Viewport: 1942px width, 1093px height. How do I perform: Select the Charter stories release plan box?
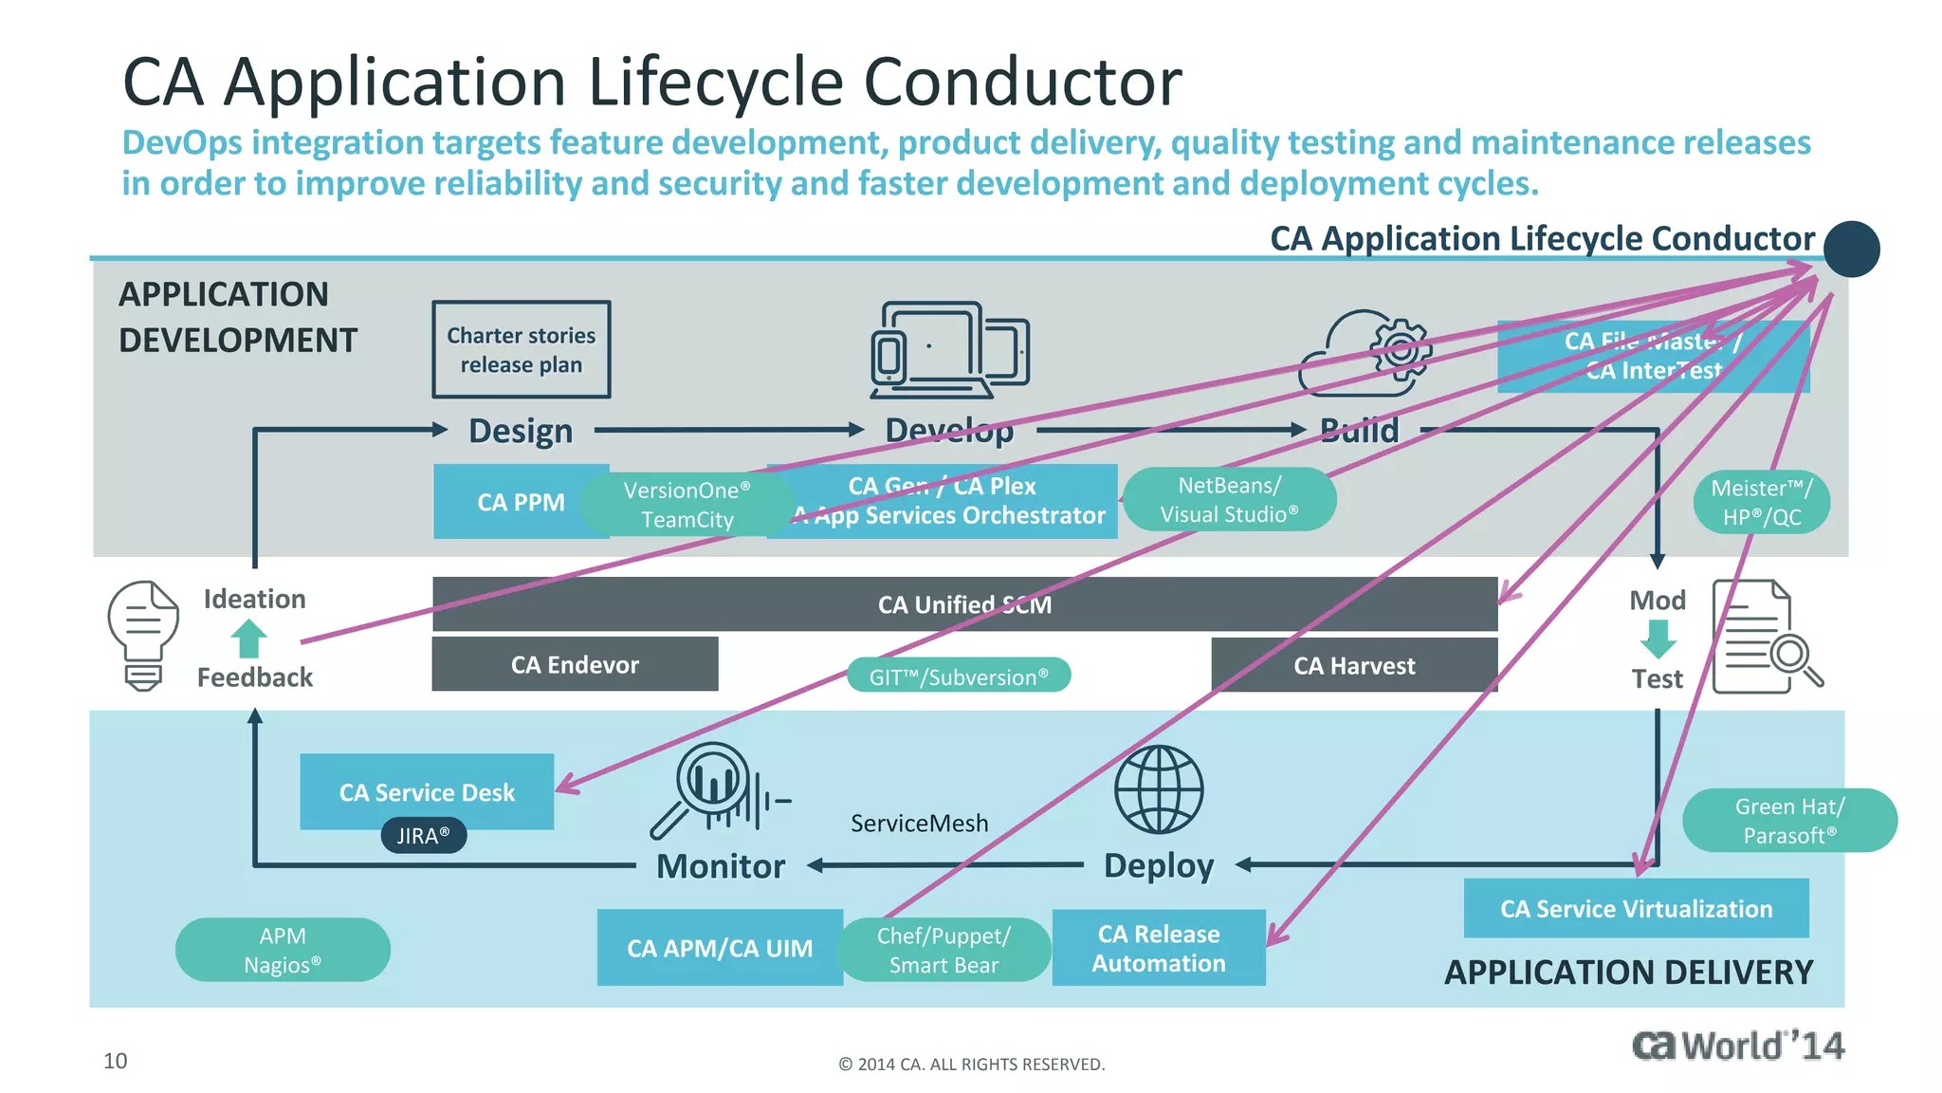coord(522,350)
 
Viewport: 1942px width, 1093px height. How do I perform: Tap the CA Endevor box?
coord(575,664)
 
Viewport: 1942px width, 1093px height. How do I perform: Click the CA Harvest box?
coord(1354,665)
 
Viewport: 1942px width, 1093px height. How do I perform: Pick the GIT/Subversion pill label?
coord(959,676)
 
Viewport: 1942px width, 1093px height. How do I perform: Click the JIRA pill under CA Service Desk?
coord(423,836)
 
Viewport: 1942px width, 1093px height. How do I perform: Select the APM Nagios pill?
coord(283,950)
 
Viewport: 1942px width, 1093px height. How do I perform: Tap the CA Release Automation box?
coord(1158,948)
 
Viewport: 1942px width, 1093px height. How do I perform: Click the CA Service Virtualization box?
coord(1636,908)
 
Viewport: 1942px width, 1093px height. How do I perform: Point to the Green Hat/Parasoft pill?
coord(1789,821)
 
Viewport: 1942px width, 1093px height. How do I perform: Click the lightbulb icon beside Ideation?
coord(143,635)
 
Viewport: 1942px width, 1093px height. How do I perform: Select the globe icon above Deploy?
coord(1158,789)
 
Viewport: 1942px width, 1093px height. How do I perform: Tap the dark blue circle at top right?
coord(1851,250)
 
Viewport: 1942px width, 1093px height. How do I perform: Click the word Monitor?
coord(721,866)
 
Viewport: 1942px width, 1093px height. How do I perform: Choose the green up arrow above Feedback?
coord(248,639)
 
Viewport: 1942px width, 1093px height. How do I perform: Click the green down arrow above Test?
coord(1658,639)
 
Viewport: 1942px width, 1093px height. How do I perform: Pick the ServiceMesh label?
coord(919,823)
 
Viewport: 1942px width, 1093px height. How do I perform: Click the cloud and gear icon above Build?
coord(1365,353)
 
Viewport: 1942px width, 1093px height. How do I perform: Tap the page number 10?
coord(115,1061)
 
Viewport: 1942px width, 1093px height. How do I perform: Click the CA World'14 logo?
coord(1737,1046)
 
